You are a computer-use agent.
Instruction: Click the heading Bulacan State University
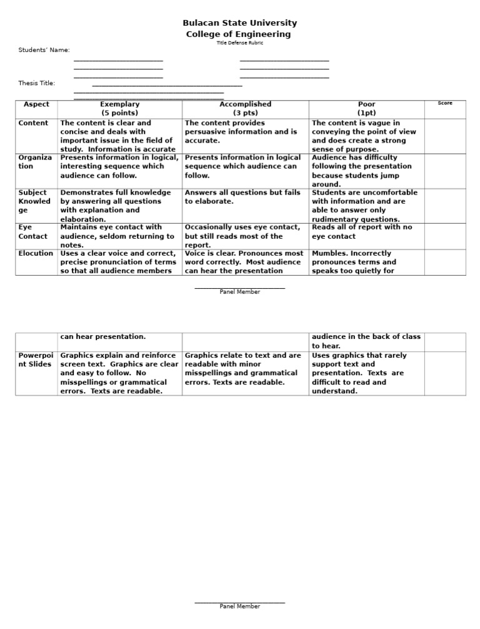click(x=239, y=23)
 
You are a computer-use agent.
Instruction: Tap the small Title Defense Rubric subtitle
click(x=239, y=43)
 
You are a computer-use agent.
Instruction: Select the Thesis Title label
click(x=37, y=83)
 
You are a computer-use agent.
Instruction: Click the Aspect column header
click(x=36, y=104)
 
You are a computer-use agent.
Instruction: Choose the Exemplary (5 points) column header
click(x=119, y=109)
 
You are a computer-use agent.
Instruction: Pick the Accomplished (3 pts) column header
click(x=245, y=109)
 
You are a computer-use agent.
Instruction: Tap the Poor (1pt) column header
click(x=366, y=109)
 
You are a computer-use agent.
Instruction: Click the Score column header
click(x=445, y=103)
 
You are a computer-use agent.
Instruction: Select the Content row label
click(x=33, y=123)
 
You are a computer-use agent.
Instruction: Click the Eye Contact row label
click(x=33, y=232)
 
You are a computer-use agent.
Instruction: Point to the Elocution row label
click(x=36, y=253)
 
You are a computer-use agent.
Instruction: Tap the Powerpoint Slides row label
click(x=35, y=360)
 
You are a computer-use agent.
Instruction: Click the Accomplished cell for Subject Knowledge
click(x=245, y=198)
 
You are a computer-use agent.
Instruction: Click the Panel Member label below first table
click(x=239, y=292)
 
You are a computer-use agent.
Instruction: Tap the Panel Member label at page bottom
click(x=239, y=606)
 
